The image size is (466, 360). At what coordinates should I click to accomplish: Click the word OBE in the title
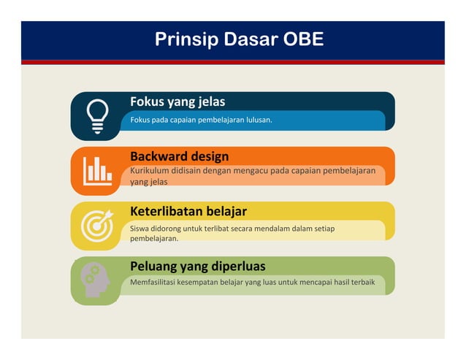pos(301,39)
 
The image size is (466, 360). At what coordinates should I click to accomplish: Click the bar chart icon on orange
pos(97,171)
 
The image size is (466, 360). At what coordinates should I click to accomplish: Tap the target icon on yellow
pos(97,226)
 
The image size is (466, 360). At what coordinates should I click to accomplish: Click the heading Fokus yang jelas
pos(177,102)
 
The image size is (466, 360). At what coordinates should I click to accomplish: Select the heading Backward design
pos(179,156)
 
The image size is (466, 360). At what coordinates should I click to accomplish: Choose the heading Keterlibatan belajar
pos(188,211)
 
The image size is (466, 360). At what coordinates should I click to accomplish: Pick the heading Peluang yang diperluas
pos(197,266)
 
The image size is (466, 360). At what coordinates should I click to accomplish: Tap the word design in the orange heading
pos(209,156)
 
